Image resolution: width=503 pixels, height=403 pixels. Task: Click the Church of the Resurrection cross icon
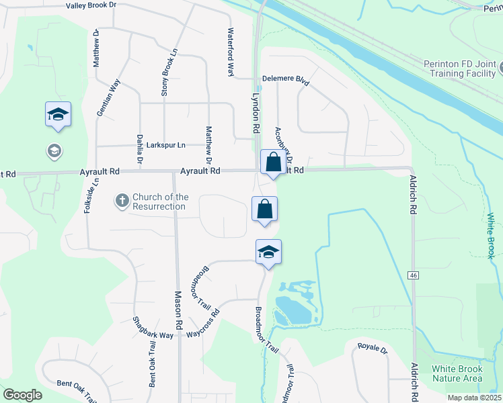coord(122,199)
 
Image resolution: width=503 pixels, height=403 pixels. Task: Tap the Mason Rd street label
coord(179,310)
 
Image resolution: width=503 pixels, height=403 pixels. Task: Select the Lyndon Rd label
coord(256,113)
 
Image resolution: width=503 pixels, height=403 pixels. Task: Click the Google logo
coord(22,395)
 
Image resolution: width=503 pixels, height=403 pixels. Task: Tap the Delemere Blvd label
coord(285,80)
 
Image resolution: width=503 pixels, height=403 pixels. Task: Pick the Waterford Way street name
coord(230,52)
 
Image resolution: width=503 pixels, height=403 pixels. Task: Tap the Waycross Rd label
coord(203,324)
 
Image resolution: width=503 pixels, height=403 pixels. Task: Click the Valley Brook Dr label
coord(91,5)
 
